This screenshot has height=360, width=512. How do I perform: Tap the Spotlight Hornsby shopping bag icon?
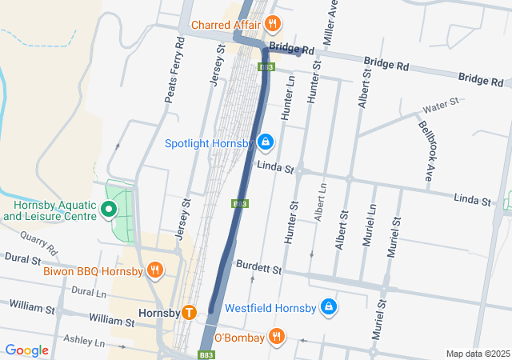tap(266, 143)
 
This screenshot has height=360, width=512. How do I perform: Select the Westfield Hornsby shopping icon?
tap(328, 306)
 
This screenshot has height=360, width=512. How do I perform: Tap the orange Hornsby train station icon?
tap(189, 312)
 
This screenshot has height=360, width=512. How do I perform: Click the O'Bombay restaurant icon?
tap(276, 337)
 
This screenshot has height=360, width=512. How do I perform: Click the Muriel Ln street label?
tap(370, 226)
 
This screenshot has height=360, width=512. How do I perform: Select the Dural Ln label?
tap(88, 293)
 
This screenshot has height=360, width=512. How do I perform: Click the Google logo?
tap(26, 350)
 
